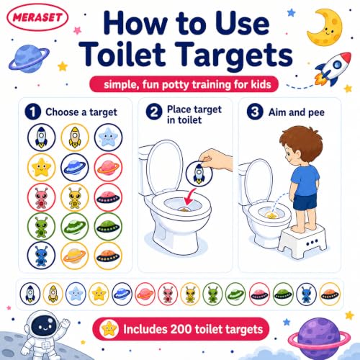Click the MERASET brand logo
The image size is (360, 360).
[x=37, y=17]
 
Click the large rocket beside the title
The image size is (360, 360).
[x=333, y=68]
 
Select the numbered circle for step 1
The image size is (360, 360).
[x=33, y=112]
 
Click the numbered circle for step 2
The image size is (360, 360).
[x=154, y=112]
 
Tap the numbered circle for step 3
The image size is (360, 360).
[x=255, y=112]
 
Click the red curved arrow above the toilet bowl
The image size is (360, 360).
[x=189, y=197]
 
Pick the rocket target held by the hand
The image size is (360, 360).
[x=199, y=174]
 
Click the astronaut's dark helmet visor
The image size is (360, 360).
[x=44, y=325]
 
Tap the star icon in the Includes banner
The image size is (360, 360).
[x=109, y=329]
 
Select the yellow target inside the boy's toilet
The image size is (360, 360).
[x=272, y=215]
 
